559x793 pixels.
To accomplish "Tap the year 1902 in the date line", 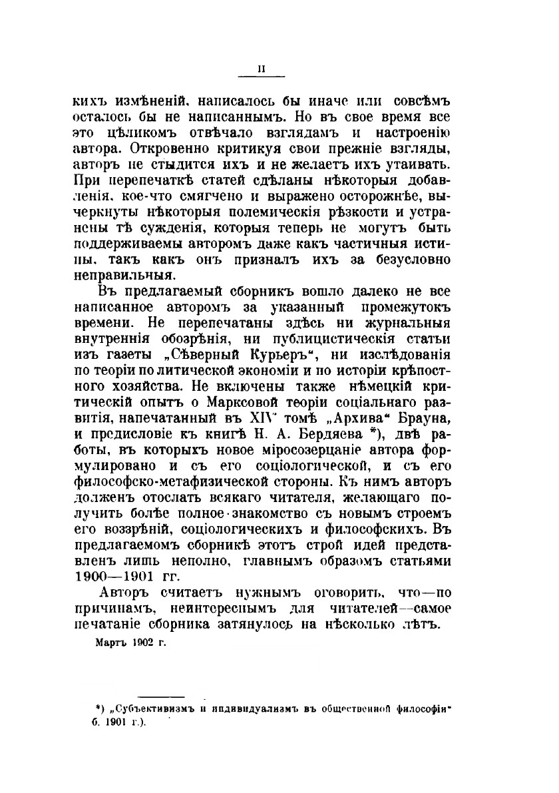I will (142, 644).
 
